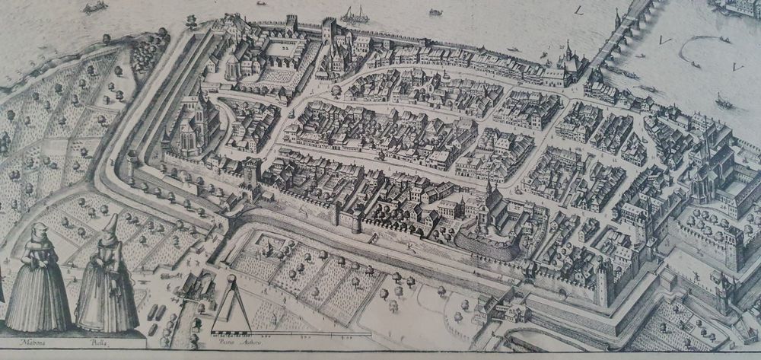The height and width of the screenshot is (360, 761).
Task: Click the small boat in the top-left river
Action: tap(96, 8)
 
